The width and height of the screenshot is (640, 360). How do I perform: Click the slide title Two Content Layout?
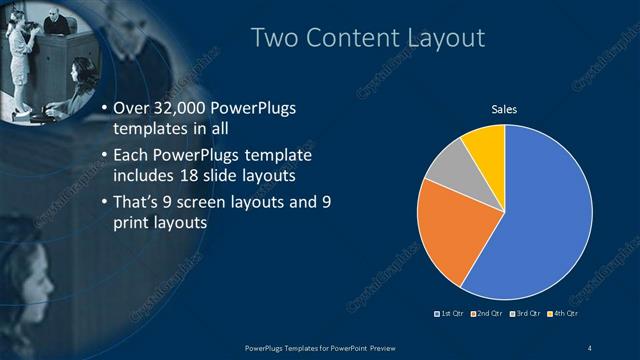[x=368, y=38]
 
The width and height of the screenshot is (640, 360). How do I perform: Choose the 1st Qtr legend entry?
[x=453, y=315]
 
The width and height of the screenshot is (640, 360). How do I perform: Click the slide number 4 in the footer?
[x=591, y=347]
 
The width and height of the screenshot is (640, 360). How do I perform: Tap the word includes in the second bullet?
[x=146, y=176]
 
